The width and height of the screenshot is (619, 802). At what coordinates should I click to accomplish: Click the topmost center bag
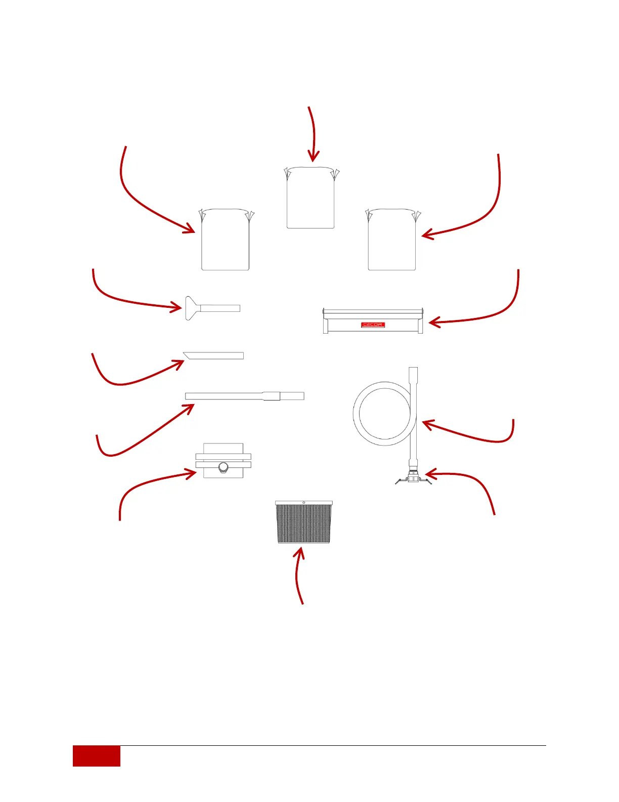coord(311,198)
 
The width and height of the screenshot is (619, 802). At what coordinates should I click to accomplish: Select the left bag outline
coord(226,240)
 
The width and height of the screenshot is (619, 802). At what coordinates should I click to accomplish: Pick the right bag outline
coord(392,240)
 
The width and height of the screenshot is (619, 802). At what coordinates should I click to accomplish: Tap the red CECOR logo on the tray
coord(373,325)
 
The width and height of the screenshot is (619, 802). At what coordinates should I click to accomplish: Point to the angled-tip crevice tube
coord(213,355)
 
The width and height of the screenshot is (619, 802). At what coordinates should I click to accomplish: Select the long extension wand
coord(245,396)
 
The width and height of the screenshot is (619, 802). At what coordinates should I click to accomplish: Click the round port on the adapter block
coord(223,467)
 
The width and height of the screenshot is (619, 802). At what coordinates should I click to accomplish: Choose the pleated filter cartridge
coord(303,523)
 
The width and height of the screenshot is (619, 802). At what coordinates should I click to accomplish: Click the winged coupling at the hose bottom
coord(413,478)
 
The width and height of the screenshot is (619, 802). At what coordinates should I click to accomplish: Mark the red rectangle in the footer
coord(97,756)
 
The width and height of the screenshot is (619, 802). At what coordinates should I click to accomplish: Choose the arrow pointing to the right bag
coord(485,213)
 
